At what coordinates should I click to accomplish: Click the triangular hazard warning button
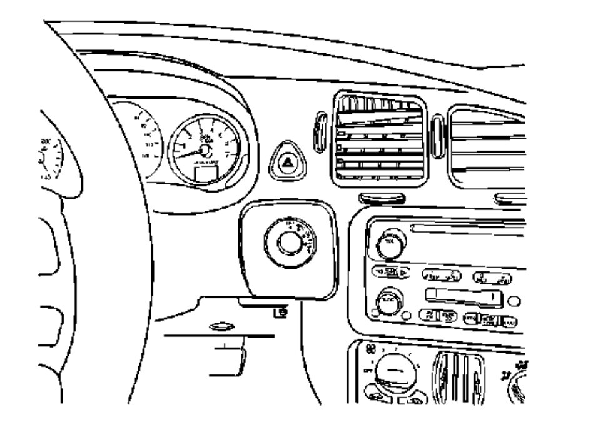coord(289,163)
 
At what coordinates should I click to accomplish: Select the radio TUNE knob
coord(389,303)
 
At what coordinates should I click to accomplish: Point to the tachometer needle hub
coord(204,151)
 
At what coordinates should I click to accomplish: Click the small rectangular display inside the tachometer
coord(206,173)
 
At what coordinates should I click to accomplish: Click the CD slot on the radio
coord(475,229)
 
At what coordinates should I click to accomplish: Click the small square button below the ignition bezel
coord(282,311)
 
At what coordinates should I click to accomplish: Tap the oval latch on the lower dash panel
coord(223,326)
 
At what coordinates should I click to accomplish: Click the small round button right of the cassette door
coord(514,301)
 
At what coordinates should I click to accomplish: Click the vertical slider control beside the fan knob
coord(459,375)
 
